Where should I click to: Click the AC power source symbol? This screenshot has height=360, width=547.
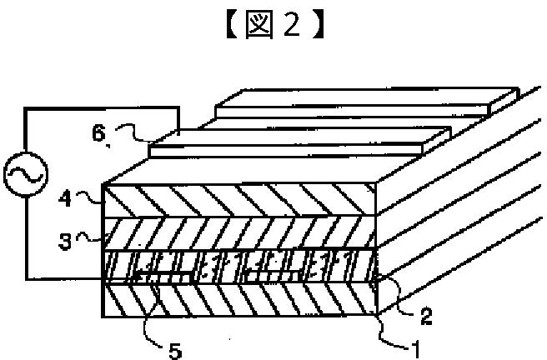coord(19,175)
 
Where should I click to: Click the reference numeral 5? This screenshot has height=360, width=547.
coord(173,350)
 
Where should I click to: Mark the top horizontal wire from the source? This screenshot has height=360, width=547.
coord(100,107)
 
